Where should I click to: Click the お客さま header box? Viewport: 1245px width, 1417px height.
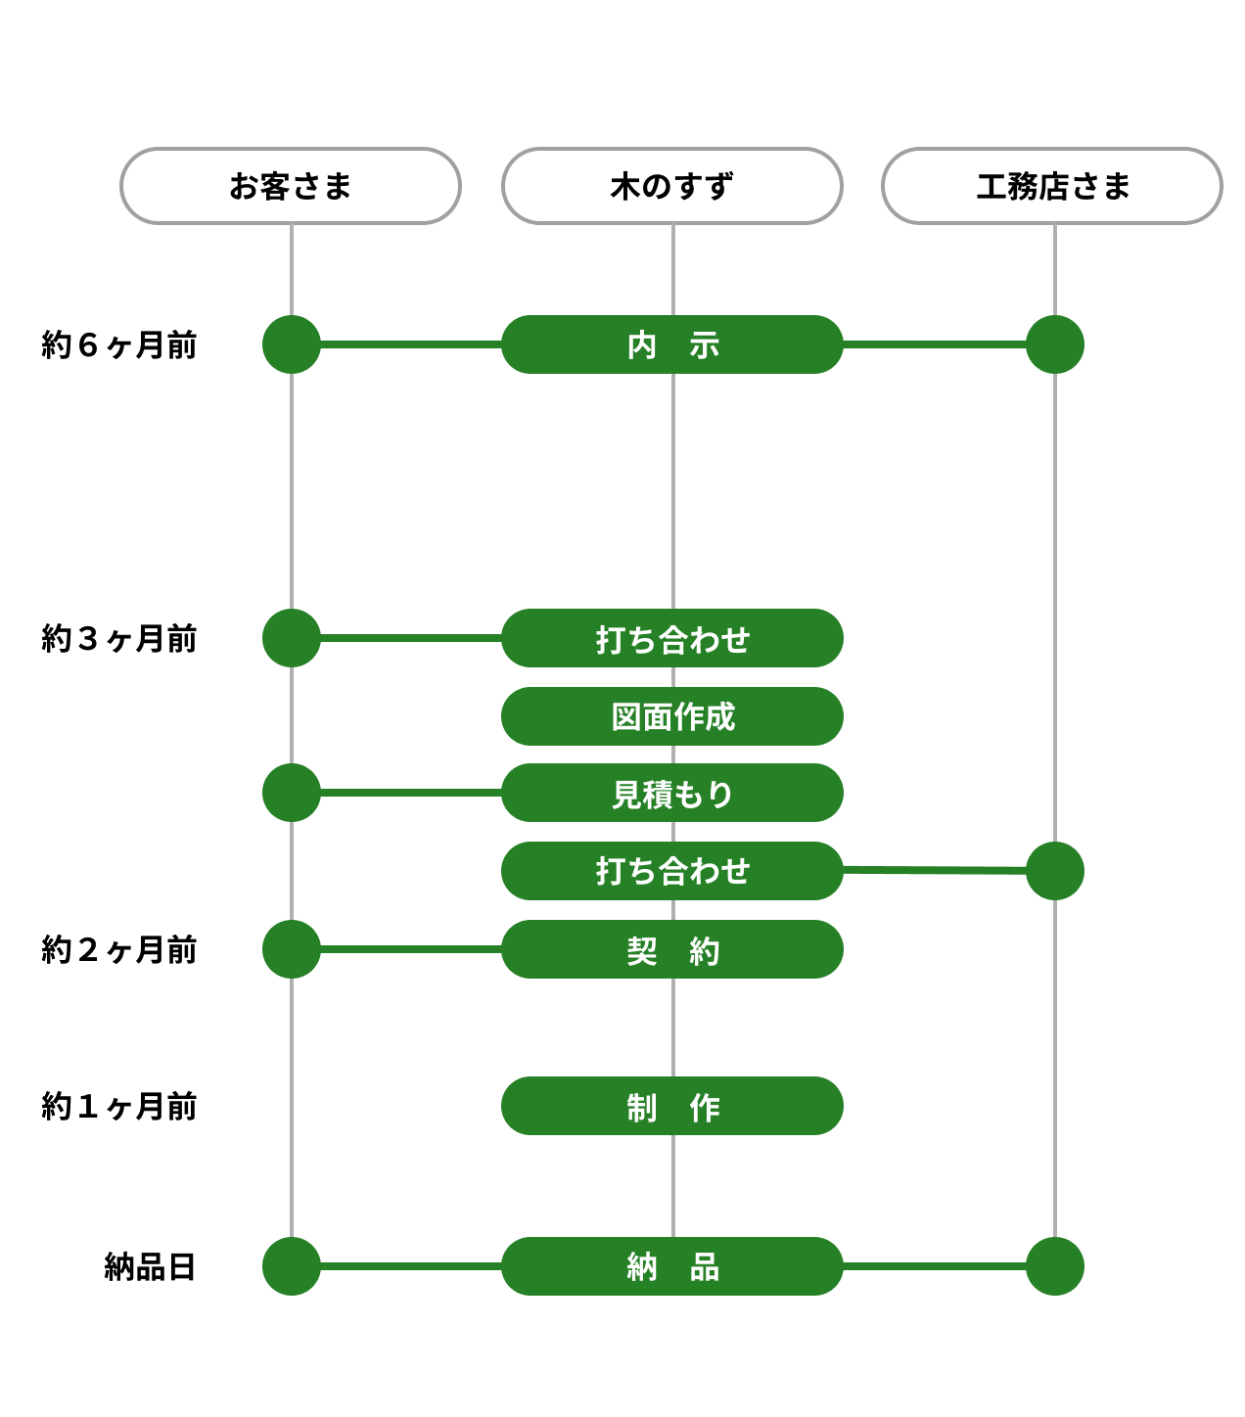tap(291, 186)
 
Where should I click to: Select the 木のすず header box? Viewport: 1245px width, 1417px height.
tap(672, 186)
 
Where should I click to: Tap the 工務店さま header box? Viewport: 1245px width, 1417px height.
tap(1052, 186)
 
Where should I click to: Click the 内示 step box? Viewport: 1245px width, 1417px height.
tap(672, 344)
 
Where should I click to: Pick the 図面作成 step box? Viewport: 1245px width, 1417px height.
tap(672, 716)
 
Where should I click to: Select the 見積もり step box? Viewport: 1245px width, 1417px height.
tap(672, 793)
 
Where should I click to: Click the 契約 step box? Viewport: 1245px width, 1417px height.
tap(672, 949)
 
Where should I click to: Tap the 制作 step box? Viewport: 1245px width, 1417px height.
tap(672, 1106)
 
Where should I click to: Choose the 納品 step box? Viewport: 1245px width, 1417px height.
tap(672, 1266)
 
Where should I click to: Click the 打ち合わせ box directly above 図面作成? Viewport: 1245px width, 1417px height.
tap(672, 638)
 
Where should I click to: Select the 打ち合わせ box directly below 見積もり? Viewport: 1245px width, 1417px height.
tap(672, 871)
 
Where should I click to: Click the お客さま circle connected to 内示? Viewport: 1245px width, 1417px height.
tap(292, 344)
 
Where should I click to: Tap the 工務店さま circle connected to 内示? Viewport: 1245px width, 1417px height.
tap(1055, 344)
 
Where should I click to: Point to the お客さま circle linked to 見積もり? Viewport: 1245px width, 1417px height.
tap(292, 793)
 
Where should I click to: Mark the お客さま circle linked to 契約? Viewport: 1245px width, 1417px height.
tap(292, 949)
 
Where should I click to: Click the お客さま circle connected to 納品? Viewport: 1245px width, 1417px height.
tap(292, 1266)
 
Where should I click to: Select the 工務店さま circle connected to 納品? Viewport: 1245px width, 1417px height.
tap(1055, 1266)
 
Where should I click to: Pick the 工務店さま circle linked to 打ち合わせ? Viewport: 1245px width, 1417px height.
tap(1055, 871)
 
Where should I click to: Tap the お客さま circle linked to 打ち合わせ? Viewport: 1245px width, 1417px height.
tap(292, 638)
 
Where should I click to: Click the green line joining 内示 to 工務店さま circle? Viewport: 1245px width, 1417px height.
tap(935, 344)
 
